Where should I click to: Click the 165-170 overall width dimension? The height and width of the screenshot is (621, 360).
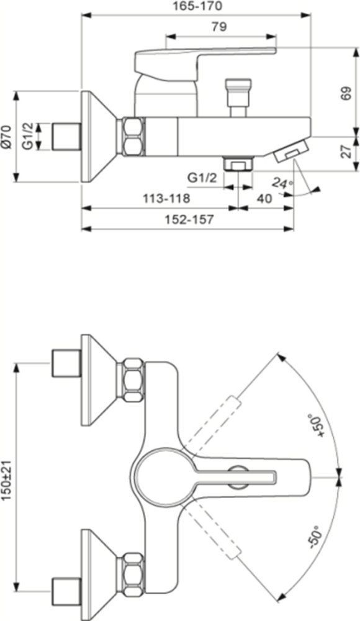click(x=197, y=7)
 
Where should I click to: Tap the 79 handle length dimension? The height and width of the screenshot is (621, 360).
click(x=218, y=27)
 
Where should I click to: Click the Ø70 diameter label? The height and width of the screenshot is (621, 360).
click(x=7, y=136)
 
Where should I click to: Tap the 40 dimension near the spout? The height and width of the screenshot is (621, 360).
click(x=264, y=199)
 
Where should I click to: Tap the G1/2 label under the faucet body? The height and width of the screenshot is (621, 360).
click(x=202, y=178)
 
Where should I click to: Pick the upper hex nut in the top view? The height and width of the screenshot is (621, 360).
click(x=132, y=379)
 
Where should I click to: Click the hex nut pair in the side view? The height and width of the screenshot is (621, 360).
click(x=133, y=137)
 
